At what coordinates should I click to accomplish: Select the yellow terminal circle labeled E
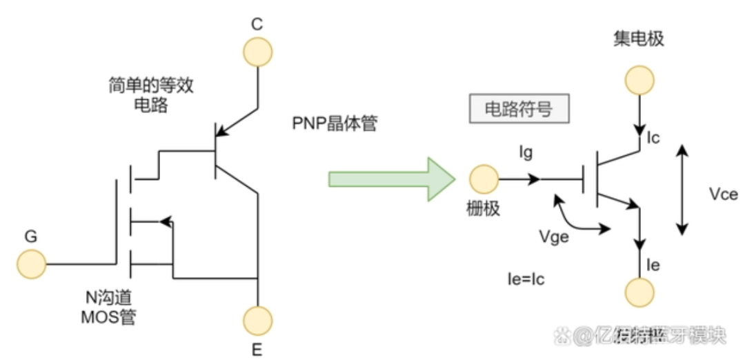257,319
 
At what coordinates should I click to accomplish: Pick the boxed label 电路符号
519,109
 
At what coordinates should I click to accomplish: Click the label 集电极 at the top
638,39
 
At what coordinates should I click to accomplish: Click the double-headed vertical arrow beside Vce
682,190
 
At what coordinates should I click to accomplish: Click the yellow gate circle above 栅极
484,180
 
